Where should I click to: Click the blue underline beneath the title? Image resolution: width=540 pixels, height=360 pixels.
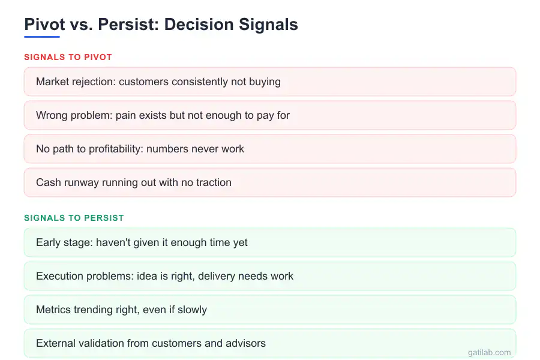(x=42, y=37)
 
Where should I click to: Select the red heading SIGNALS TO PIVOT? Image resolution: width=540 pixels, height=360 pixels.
(x=68, y=58)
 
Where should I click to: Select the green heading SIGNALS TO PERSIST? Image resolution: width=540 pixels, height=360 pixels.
(x=74, y=218)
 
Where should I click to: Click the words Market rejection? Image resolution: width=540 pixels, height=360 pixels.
(x=74, y=82)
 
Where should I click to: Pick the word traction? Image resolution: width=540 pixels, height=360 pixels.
(x=212, y=182)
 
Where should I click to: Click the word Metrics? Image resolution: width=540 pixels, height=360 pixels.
(x=53, y=310)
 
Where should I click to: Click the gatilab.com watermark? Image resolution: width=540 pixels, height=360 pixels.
(x=489, y=353)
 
